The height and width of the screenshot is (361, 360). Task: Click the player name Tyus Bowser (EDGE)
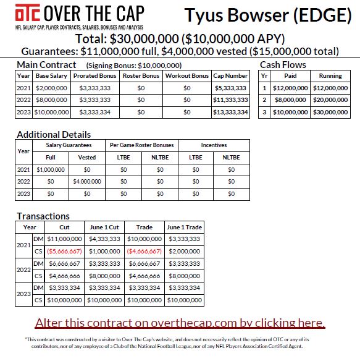(264, 15)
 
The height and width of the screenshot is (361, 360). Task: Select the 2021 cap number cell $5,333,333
(232, 88)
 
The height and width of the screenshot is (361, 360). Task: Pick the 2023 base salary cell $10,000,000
(51, 113)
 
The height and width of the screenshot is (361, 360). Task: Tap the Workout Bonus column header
(187, 75)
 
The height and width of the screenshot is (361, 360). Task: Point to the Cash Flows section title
(283, 64)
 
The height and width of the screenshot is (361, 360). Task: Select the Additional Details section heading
(54, 134)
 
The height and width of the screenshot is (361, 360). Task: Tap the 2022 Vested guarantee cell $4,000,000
(87, 181)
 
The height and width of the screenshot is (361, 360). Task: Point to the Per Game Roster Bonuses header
(142, 145)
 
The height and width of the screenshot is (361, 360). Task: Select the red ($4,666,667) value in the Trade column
(144, 251)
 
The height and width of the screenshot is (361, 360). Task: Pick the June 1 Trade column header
(184, 227)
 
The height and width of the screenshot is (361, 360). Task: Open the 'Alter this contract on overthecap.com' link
(180, 323)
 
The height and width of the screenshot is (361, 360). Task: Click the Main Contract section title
(46, 64)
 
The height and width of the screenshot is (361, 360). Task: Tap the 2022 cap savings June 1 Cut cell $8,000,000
(104, 276)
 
